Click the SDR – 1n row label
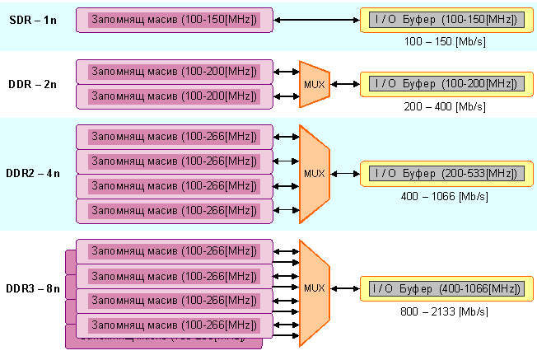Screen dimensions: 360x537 coord(34,19)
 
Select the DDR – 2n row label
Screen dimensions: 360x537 coord(34,82)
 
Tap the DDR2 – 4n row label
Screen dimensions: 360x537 coord(33,173)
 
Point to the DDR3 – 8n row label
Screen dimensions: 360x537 coord(33,288)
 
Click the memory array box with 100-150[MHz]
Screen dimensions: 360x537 coord(174,19)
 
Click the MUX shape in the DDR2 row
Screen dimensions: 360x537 coord(314,173)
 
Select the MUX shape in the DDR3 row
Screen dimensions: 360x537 coord(314,288)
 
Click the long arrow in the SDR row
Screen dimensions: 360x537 coord(316,19)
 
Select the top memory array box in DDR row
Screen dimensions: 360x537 coord(174,72)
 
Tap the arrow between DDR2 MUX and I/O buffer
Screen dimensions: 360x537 coord(345,173)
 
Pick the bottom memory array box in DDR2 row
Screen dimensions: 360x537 coord(174,210)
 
